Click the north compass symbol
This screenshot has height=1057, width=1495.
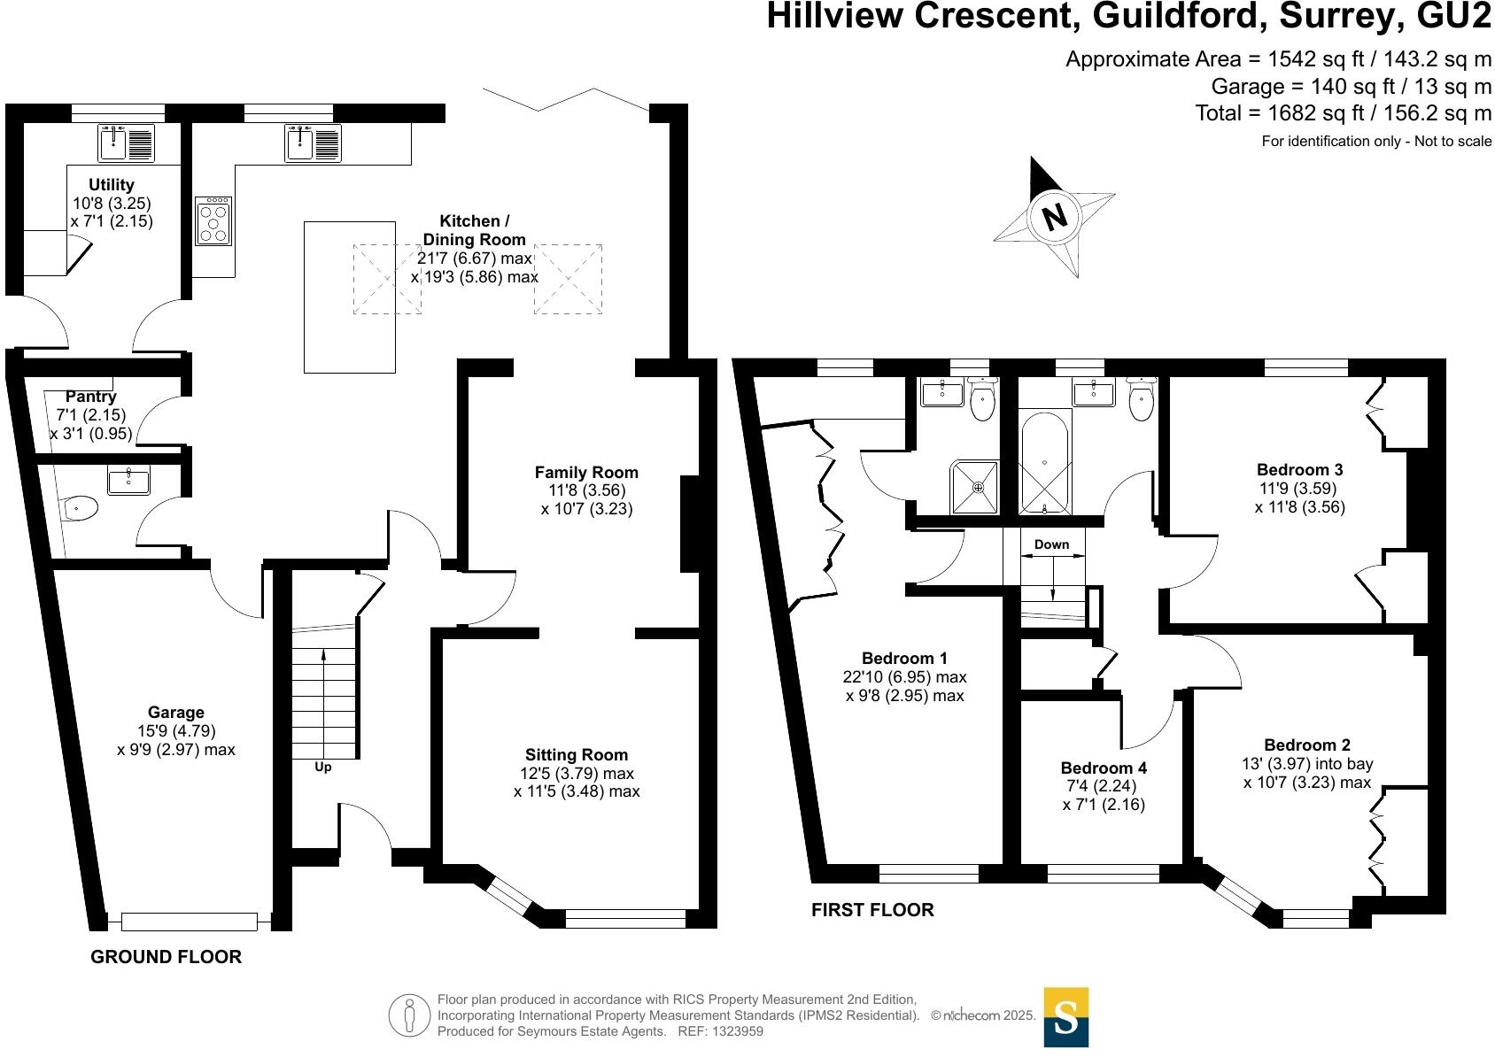click(x=1054, y=216)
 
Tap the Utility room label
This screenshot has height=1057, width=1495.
click(x=112, y=185)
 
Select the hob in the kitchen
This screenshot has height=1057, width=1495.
click(x=213, y=221)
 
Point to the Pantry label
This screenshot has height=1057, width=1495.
click(x=90, y=397)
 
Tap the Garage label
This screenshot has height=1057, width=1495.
click(x=176, y=713)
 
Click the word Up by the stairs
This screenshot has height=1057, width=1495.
click(x=323, y=768)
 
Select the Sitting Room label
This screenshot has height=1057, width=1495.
click(x=577, y=755)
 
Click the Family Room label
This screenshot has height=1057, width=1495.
click(x=586, y=473)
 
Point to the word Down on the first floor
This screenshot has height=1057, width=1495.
click(x=1051, y=544)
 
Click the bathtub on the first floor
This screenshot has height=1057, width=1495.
click(x=1045, y=462)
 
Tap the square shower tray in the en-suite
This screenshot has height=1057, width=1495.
click(x=975, y=487)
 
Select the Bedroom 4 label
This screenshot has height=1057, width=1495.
click(x=1104, y=768)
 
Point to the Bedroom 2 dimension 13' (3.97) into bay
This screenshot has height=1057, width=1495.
click(x=1307, y=764)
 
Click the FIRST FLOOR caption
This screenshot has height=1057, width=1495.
click(x=872, y=910)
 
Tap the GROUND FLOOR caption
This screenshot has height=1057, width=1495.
click(x=167, y=957)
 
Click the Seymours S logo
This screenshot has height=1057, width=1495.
click(x=1066, y=1017)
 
